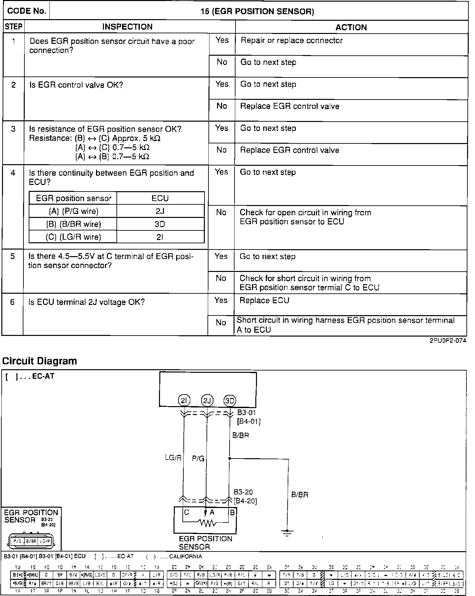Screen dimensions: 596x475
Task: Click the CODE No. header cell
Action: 26,11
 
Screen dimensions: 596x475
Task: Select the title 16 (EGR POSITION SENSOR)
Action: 257,12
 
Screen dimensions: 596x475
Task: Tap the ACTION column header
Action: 351,27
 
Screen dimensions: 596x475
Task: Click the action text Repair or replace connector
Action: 292,41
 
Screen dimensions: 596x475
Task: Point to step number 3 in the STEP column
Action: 13,129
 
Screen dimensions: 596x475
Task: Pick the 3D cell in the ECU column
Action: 160,224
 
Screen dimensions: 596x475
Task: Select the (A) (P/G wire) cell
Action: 74,211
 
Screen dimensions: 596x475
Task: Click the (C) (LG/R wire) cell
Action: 74,237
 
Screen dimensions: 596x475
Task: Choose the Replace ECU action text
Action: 264,300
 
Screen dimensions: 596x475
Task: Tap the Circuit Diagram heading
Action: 40,361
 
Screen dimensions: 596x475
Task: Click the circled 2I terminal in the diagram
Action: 184,401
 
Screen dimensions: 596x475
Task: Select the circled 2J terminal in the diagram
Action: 207,401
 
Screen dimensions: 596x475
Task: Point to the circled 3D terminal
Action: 230,401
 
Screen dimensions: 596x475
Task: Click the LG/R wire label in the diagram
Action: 173,458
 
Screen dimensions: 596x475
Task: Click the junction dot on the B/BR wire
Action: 230,458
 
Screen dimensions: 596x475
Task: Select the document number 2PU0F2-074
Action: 448,341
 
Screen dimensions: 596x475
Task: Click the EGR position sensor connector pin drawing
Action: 31,541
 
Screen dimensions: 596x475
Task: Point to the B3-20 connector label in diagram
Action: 243,492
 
